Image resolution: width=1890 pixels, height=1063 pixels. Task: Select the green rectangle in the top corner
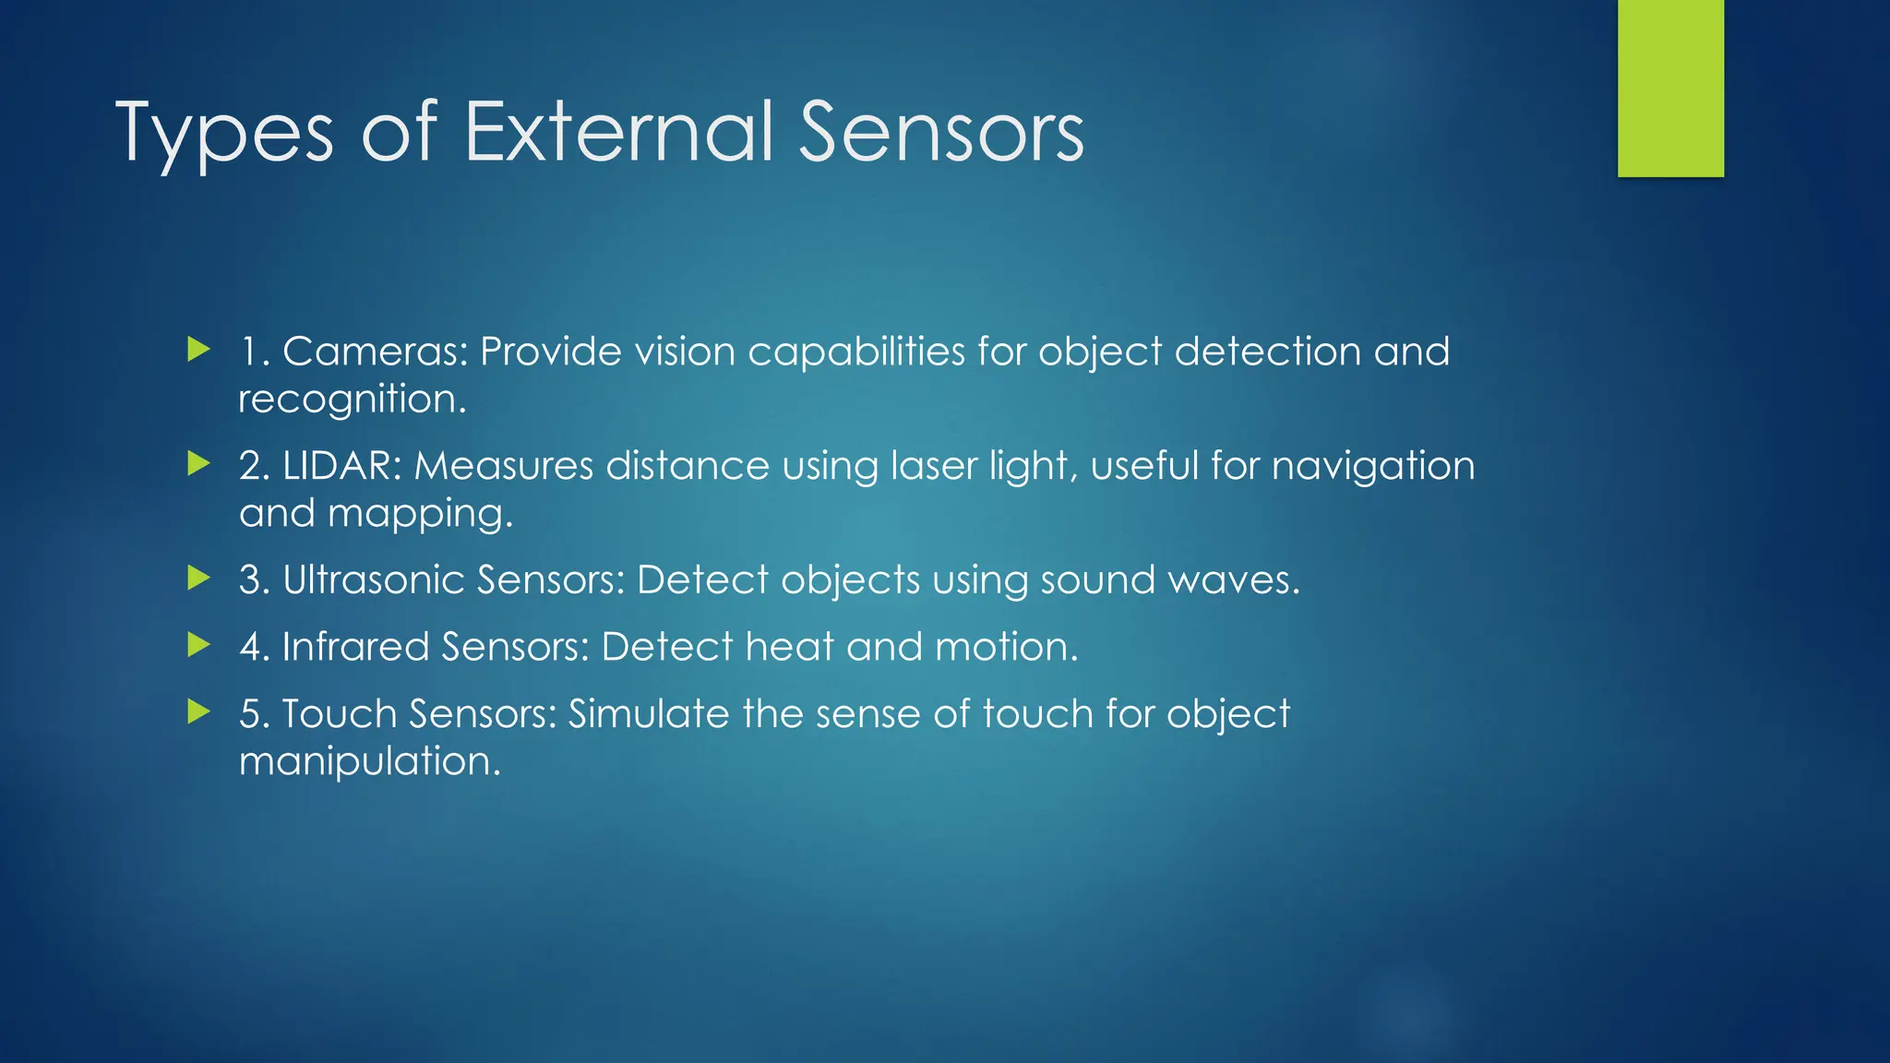click(1670, 89)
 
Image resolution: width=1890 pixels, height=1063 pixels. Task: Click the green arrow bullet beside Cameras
click(198, 350)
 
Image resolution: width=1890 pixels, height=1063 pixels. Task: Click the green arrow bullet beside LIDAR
click(198, 463)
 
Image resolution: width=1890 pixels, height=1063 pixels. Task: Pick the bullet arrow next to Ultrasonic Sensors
click(198, 578)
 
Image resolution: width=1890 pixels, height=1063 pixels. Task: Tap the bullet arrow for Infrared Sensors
click(198, 645)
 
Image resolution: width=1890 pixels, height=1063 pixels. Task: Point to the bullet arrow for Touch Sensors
click(198, 711)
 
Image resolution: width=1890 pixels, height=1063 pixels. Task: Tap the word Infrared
click(355, 646)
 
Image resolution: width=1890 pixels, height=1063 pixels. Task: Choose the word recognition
click(352, 400)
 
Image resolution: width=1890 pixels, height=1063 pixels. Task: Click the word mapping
click(420, 514)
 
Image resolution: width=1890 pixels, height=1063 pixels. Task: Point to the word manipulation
click(369, 761)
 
